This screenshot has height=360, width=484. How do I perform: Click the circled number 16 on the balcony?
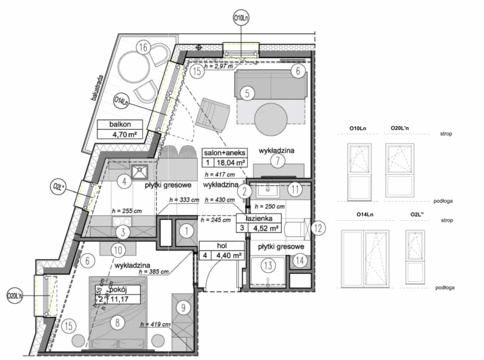click(x=143, y=47)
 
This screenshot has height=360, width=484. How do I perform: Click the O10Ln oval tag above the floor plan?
click(x=241, y=19)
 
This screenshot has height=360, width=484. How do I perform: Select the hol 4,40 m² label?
click(x=221, y=250)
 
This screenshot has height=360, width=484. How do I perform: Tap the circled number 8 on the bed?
click(x=115, y=322)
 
